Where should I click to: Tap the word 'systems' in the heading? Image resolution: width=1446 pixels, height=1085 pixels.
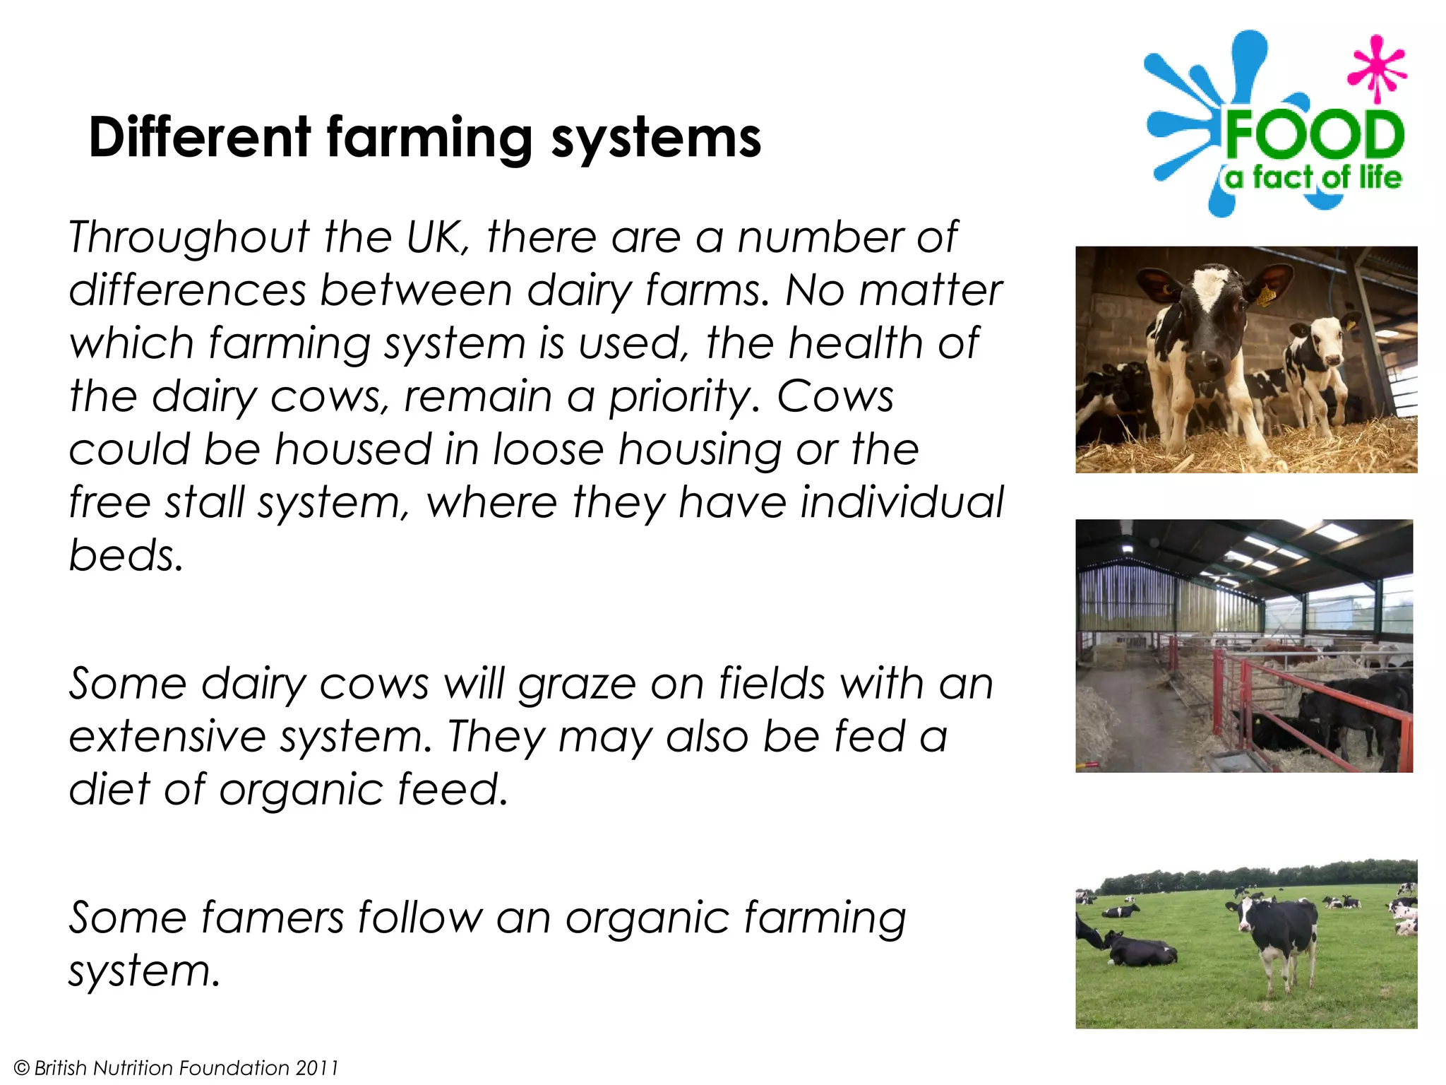tap(656, 138)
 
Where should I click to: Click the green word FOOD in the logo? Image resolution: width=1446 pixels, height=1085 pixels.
tap(1314, 135)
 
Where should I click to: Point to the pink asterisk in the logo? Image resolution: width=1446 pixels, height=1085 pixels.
tap(1375, 69)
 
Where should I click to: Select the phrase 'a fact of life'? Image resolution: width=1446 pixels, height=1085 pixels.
tap(1313, 177)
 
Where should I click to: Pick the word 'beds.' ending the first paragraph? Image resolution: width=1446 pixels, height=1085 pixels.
tap(126, 555)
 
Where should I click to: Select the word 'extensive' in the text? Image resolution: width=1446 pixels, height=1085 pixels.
tap(167, 737)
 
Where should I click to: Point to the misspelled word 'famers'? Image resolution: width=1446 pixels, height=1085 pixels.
tap(271, 918)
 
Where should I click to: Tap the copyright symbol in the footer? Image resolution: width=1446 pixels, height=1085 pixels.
tap(21, 1067)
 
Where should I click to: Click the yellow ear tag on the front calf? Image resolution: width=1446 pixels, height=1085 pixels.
tap(1265, 295)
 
